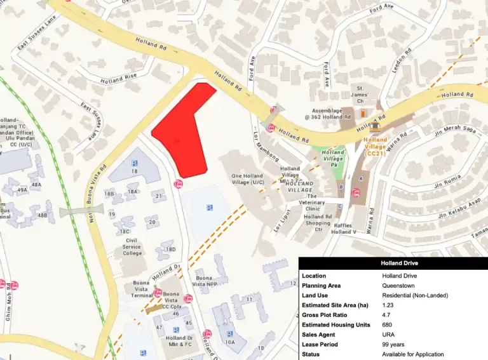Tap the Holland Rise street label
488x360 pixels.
[x=119, y=79]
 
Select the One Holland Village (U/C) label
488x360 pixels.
[x=247, y=179]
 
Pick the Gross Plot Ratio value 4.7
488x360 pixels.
[x=387, y=315]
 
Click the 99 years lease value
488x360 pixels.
[x=393, y=344]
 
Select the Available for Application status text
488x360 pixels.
[x=413, y=354]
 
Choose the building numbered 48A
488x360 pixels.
[x=36, y=185]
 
